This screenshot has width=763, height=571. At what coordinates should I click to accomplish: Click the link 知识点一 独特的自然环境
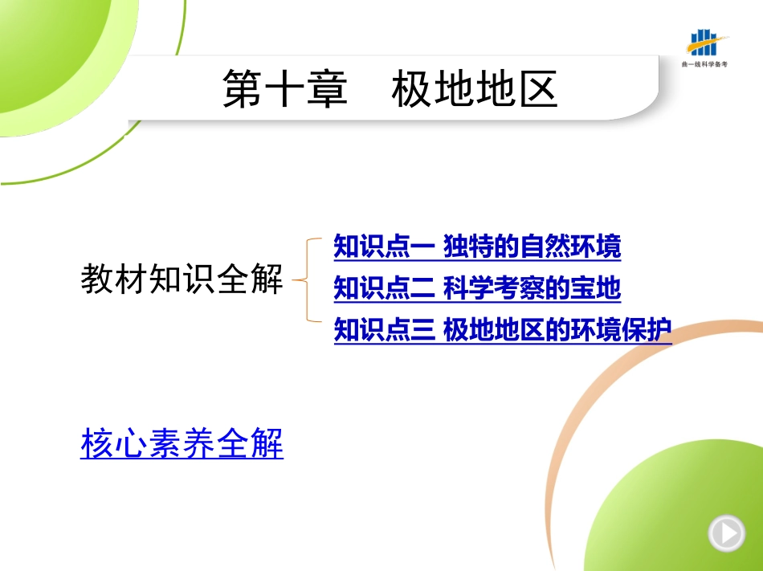coord(477,246)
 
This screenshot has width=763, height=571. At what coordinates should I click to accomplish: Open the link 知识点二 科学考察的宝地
coord(477,288)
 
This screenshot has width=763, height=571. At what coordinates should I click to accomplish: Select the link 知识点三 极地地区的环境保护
coord(503,330)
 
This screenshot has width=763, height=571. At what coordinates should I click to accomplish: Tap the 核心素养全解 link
coord(182,443)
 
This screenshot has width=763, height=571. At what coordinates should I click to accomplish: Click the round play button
coord(727,533)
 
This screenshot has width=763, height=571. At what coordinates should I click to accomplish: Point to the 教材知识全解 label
coord(182,279)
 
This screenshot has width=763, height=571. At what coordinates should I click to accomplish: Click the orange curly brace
coord(307,279)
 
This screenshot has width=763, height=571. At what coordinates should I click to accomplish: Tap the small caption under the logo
coord(704,64)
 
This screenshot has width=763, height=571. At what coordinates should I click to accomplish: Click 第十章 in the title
coord(285,88)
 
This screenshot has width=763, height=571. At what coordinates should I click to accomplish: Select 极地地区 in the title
coord(475,88)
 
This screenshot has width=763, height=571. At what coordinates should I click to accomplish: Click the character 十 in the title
coord(285,88)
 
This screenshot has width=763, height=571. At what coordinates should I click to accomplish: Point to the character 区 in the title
coord(538,88)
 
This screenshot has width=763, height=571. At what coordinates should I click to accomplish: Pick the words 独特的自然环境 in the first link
coord(532,246)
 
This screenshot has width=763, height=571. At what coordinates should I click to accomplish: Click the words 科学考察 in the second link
coord(494,288)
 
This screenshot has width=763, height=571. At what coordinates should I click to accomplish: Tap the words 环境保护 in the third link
coord(622,330)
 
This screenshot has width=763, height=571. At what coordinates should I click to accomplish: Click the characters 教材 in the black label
coord(114,279)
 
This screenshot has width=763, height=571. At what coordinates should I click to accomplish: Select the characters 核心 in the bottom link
coord(114,443)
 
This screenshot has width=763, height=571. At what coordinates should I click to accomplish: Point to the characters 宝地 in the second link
coord(596,288)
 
